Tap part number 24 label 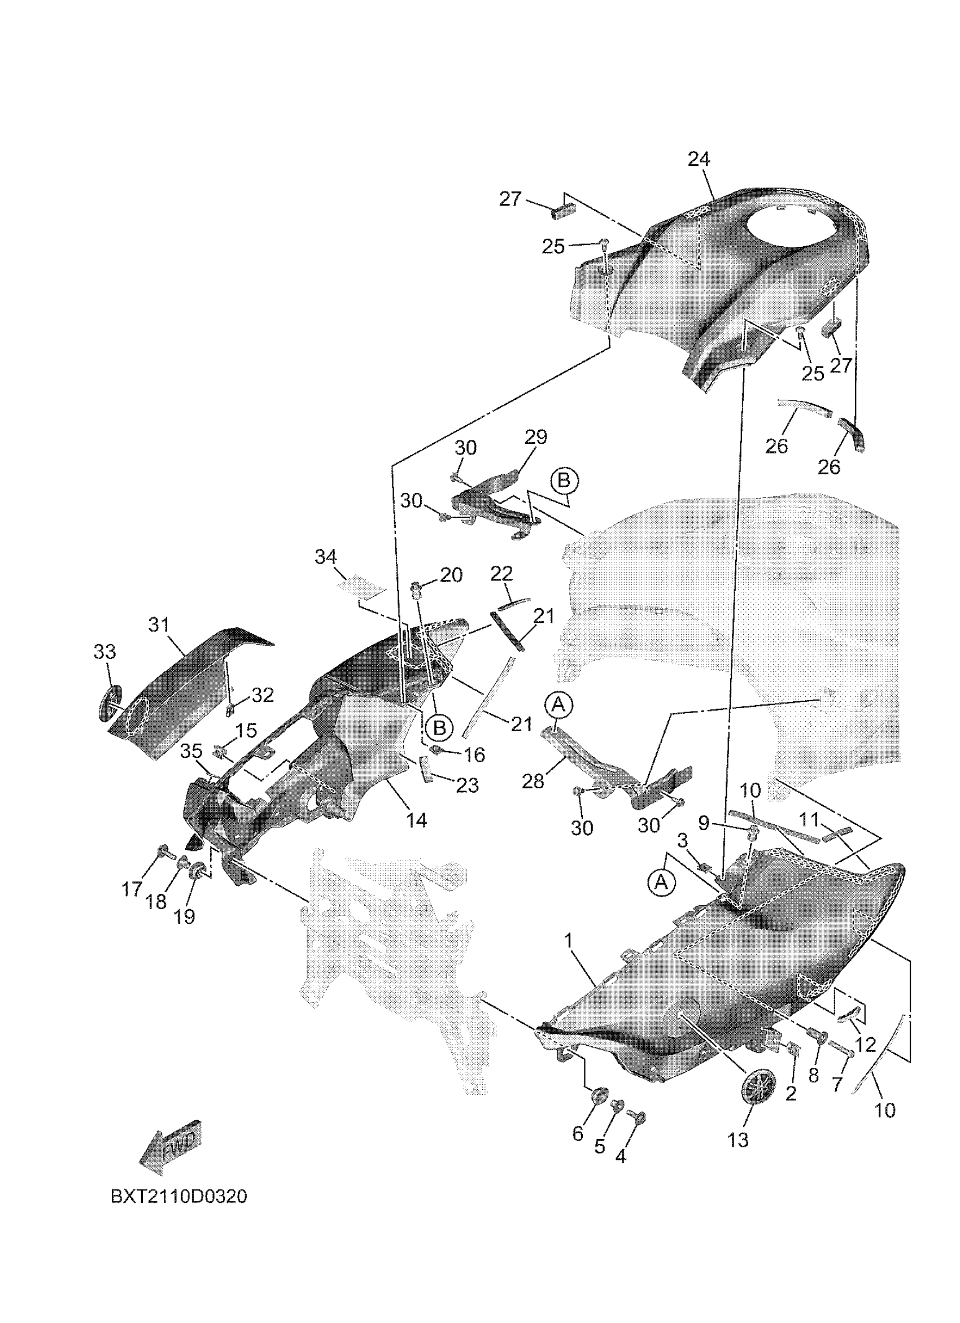pyautogui.click(x=699, y=159)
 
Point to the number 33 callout pyautogui.click(x=105, y=652)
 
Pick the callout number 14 pyautogui.click(x=416, y=821)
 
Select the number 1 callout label pyautogui.click(x=569, y=941)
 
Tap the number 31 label pyautogui.click(x=158, y=625)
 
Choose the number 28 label pyautogui.click(x=533, y=781)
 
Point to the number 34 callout pyautogui.click(x=325, y=557)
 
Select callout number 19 pyautogui.click(x=184, y=917)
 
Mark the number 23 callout pyautogui.click(x=467, y=786)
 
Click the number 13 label pyautogui.click(x=739, y=1139)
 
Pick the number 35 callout pyautogui.click(x=191, y=752)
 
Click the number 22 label pyautogui.click(x=501, y=574)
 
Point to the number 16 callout pyautogui.click(x=475, y=756)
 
